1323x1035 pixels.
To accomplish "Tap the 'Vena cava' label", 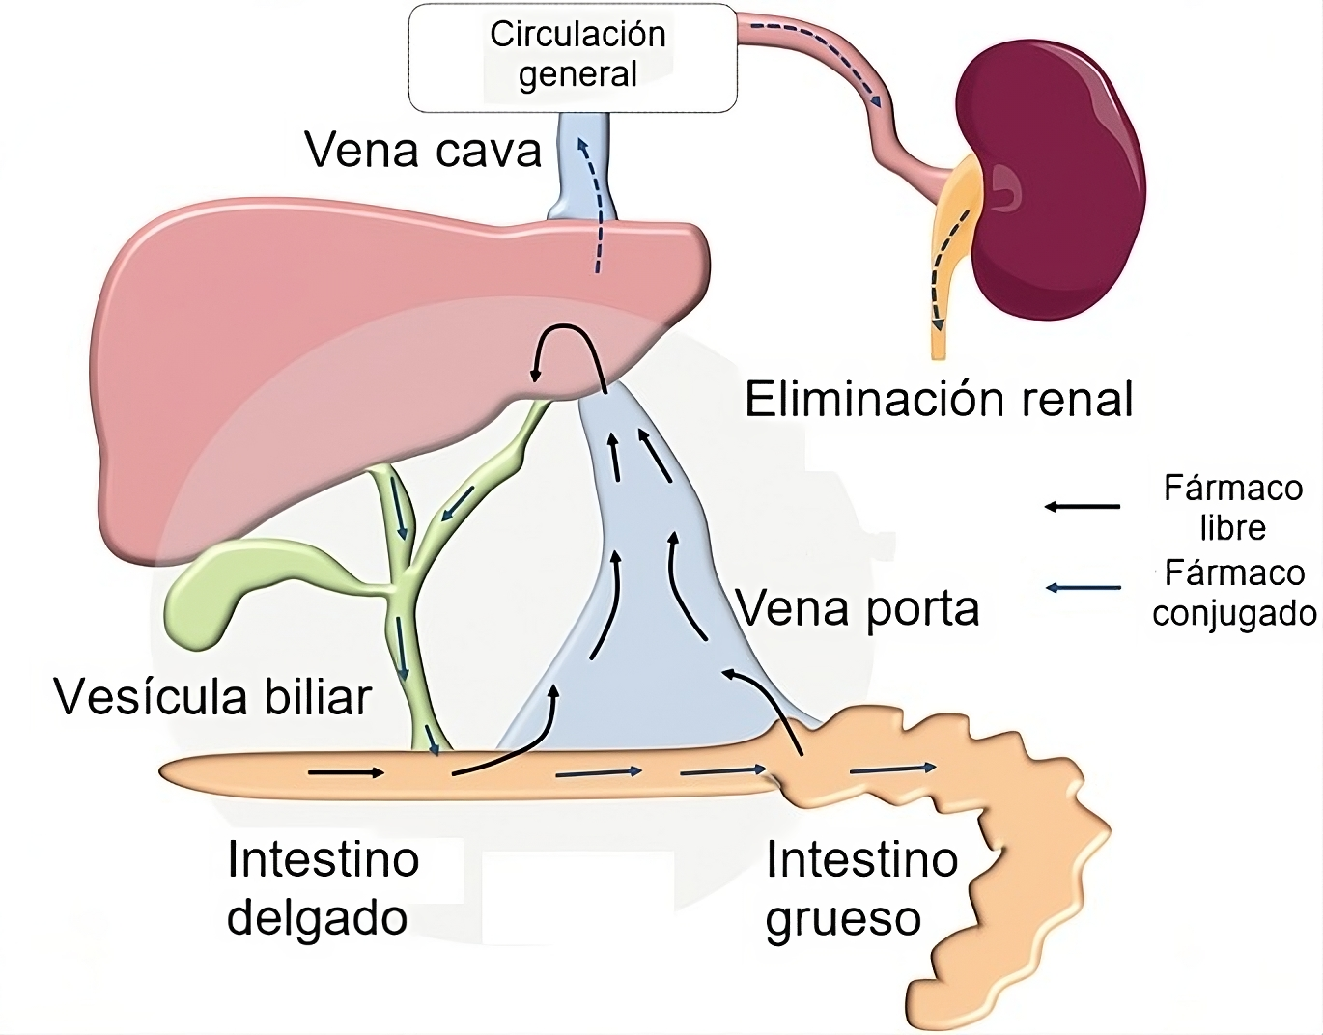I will coord(423,151).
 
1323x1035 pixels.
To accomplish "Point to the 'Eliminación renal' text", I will coord(939,399).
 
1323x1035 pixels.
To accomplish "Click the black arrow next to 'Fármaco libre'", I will coord(1083,506).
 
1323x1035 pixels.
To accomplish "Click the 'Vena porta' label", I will coord(858,608).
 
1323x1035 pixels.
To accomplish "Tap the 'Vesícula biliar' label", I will coord(212,697).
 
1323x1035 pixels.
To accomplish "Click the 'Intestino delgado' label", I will coord(321,888).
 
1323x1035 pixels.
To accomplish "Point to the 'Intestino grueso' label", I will coord(859,888).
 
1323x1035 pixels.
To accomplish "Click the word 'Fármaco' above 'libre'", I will coord(1233,488).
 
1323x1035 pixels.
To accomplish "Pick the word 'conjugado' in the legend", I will coord(1235,613).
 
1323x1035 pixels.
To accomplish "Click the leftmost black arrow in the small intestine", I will coord(346,772).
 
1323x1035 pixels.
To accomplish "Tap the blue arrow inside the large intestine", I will coord(893,769).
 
